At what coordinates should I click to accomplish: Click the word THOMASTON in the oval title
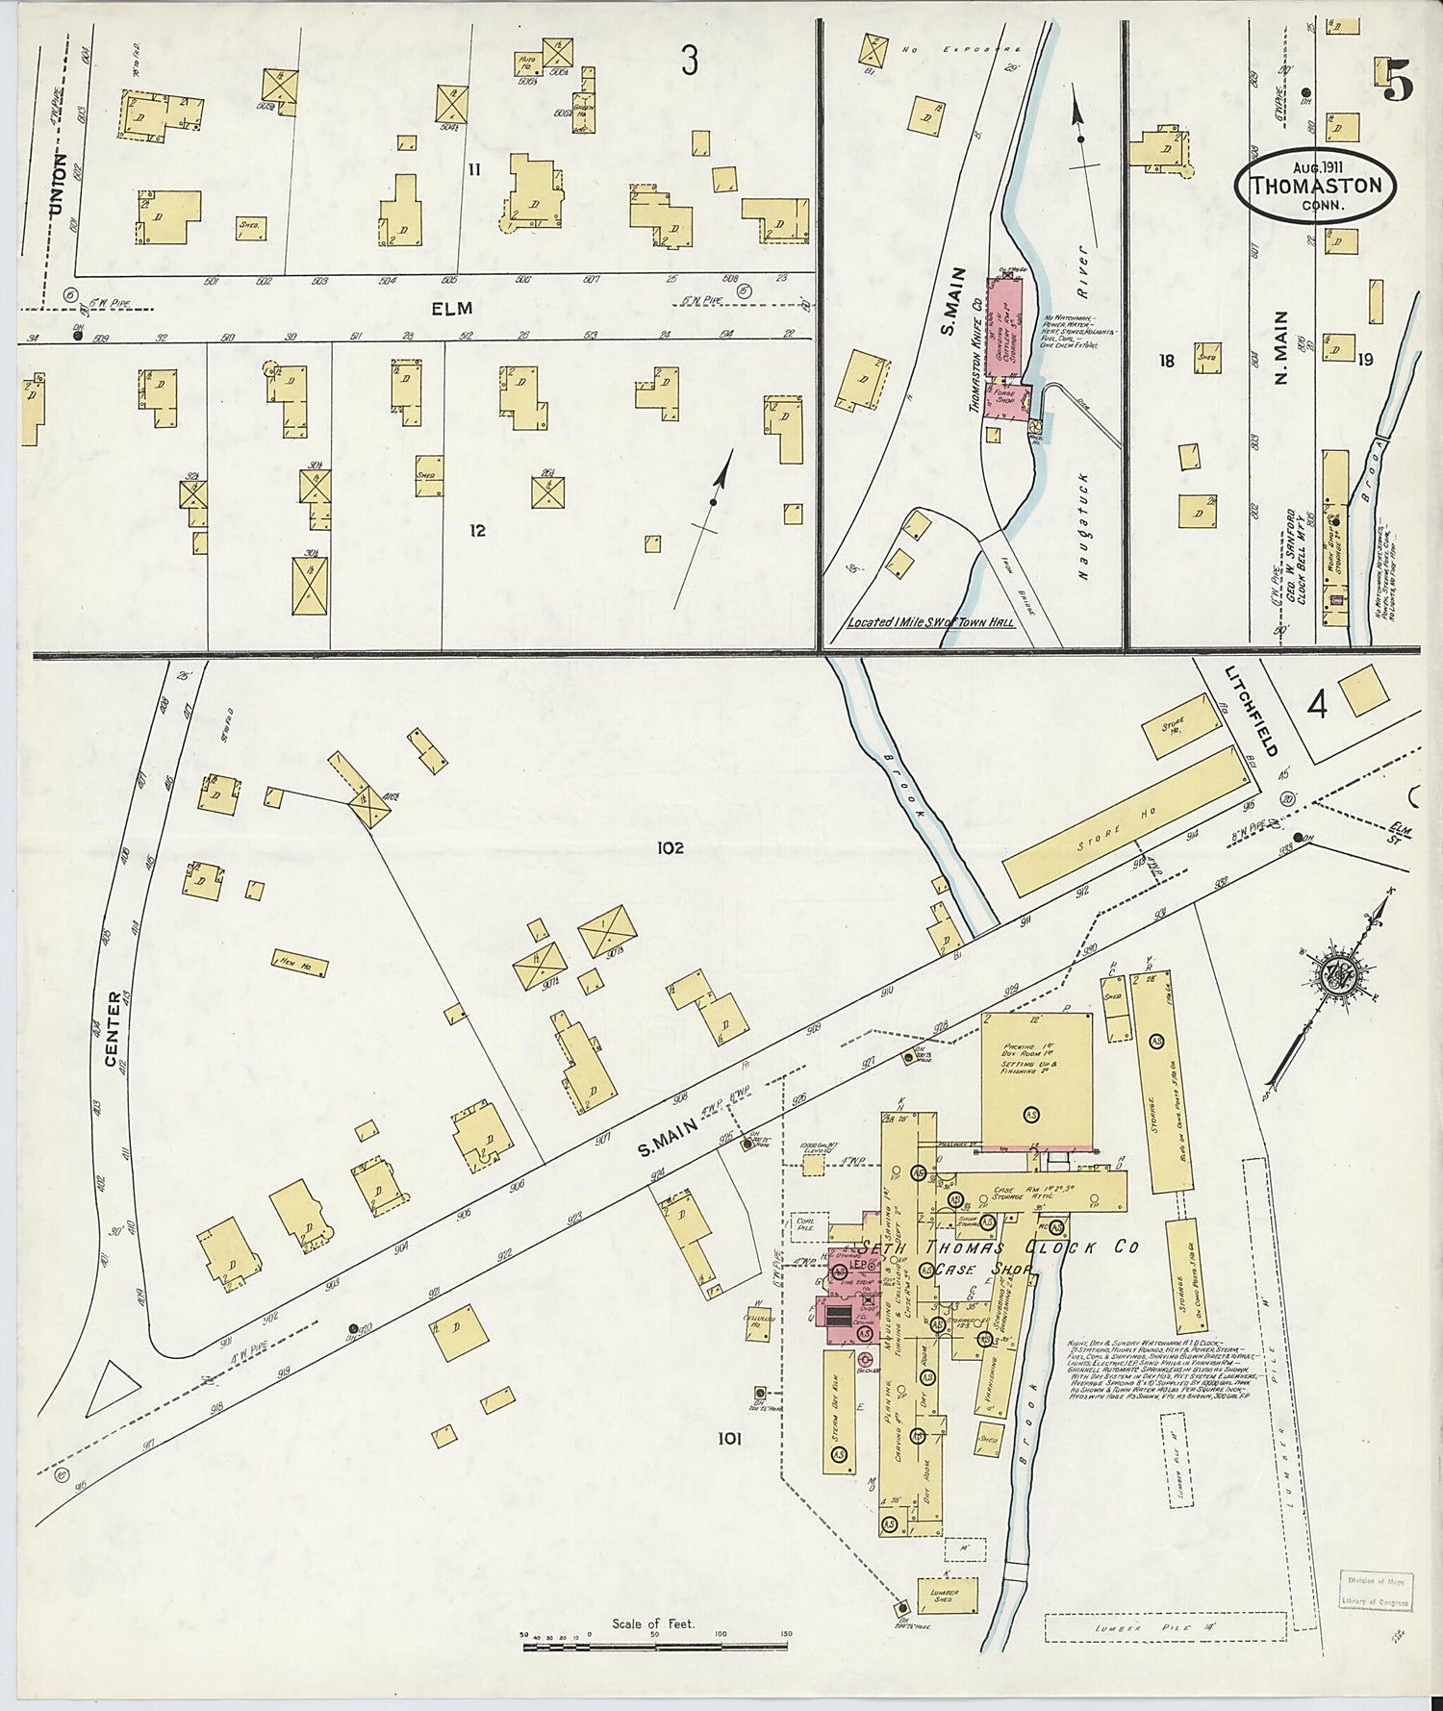(1315, 186)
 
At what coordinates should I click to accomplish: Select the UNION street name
(60, 184)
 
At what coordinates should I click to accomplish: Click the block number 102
(670, 848)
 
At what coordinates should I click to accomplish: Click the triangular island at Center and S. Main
(111, 1388)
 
